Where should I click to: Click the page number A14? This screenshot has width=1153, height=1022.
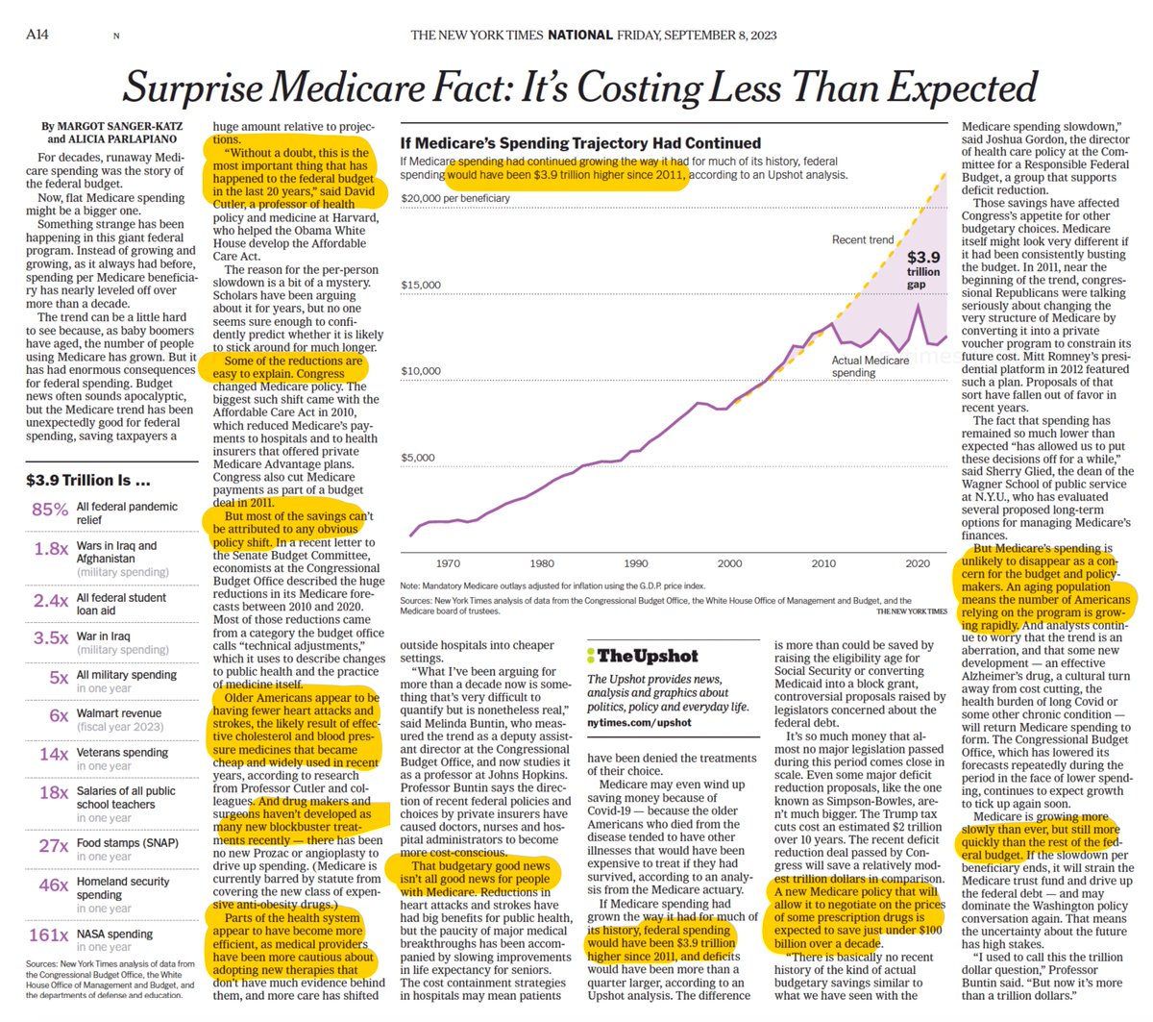(x=37, y=35)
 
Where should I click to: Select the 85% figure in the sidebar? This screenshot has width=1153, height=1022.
(x=50, y=510)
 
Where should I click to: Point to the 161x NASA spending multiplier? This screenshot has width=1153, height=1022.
(x=48, y=935)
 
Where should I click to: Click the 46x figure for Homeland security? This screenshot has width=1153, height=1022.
(x=54, y=885)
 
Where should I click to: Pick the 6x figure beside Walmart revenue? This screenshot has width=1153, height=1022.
(x=60, y=716)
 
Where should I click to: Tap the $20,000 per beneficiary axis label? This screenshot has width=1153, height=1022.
(x=455, y=199)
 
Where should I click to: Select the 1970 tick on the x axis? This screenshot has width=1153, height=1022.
(x=448, y=564)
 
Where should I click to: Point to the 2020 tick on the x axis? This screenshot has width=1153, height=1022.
(x=918, y=564)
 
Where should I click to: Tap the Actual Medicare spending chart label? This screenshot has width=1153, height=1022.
(x=870, y=366)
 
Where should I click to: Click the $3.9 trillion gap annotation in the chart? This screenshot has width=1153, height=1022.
(x=923, y=270)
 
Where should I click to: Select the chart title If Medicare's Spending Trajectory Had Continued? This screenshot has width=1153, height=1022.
(x=580, y=143)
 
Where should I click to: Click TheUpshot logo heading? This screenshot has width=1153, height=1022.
(x=642, y=656)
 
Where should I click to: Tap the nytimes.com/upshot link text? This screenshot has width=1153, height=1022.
(x=639, y=722)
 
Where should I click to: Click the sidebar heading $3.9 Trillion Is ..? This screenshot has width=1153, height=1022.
(x=88, y=480)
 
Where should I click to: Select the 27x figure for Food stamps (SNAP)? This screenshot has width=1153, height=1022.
(x=54, y=846)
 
